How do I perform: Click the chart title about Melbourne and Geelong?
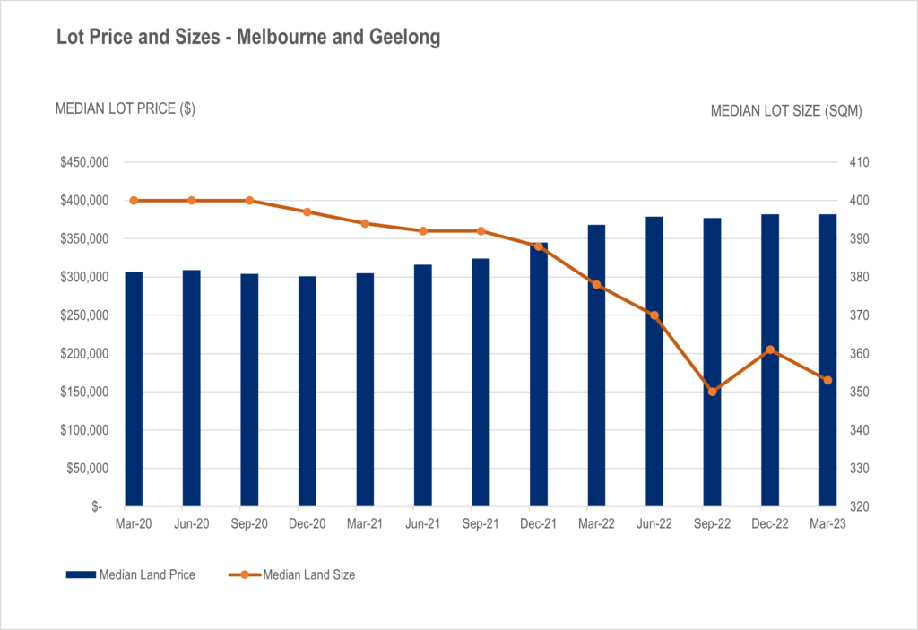(x=248, y=39)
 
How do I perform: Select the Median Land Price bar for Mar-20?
(x=134, y=389)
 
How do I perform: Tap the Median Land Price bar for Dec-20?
(x=307, y=392)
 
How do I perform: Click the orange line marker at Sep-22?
(x=712, y=392)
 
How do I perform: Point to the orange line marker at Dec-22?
(x=770, y=350)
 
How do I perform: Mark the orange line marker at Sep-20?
(x=249, y=201)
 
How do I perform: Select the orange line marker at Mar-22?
(x=597, y=285)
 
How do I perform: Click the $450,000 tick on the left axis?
(x=84, y=163)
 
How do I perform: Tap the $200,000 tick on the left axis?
(x=84, y=354)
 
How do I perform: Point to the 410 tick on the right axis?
(x=848, y=163)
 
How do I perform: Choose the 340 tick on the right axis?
(x=848, y=430)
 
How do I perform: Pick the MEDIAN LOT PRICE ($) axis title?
(x=126, y=108)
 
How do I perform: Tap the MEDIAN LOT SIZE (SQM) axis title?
(x=786, y=111)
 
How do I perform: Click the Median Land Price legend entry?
(x=130, y=574)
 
